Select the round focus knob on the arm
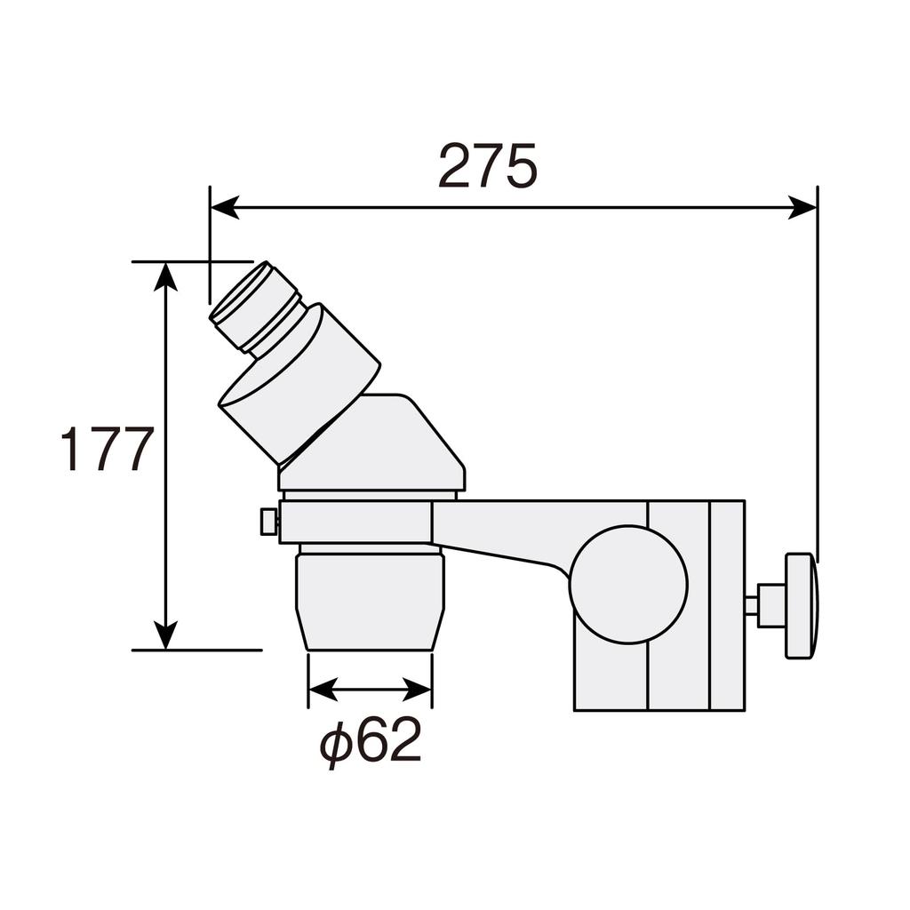click(628, 584)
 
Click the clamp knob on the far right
click(801, 605)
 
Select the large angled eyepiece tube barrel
click(300, 383)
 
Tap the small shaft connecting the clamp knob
click(751, 606)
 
